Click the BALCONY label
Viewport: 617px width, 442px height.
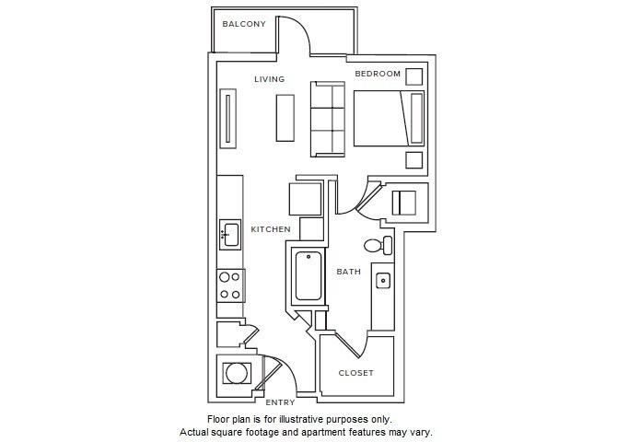coord(244,24)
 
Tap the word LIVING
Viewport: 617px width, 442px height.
coord(270,79)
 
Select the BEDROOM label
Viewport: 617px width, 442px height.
coord(378,74)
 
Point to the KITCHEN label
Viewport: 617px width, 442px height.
coord(271,229)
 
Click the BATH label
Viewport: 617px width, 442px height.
coord(348,272)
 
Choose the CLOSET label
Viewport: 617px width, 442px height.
coord(356,373)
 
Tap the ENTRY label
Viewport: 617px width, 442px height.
coord(280,402)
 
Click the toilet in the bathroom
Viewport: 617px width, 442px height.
coord(377,246)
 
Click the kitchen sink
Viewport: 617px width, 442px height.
coord(229,235)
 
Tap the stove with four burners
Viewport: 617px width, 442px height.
coord(229,285)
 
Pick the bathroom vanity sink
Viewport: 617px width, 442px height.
coord(383,280)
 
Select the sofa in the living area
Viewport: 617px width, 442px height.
coord(327,120)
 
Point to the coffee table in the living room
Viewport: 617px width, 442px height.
coord(285,117)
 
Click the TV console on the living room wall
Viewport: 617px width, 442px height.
coord(227,118)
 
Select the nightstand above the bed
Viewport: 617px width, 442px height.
coord(414,76)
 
